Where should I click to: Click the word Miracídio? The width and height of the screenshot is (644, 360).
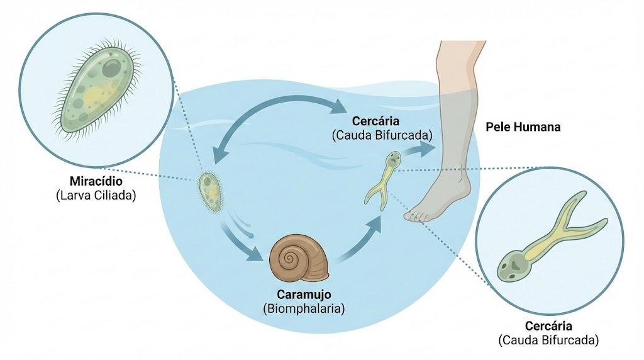[96, 181]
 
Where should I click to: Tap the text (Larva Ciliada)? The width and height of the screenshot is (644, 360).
[96, 195]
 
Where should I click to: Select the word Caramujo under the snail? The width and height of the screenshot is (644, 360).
[304, 295]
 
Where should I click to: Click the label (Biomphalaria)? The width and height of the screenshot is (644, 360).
[304, 308]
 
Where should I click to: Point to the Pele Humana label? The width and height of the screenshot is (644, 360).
[523, 127]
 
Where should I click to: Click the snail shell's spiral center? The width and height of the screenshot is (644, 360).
[290, 259]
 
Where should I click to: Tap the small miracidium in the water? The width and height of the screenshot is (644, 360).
[211, 193]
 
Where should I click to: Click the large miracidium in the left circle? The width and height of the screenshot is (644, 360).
[97, 88]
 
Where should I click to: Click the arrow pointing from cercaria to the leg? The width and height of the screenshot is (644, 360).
[418, 150]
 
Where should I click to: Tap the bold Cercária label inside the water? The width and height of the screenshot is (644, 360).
[375, 121]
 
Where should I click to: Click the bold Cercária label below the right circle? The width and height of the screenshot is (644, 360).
[548, 326]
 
